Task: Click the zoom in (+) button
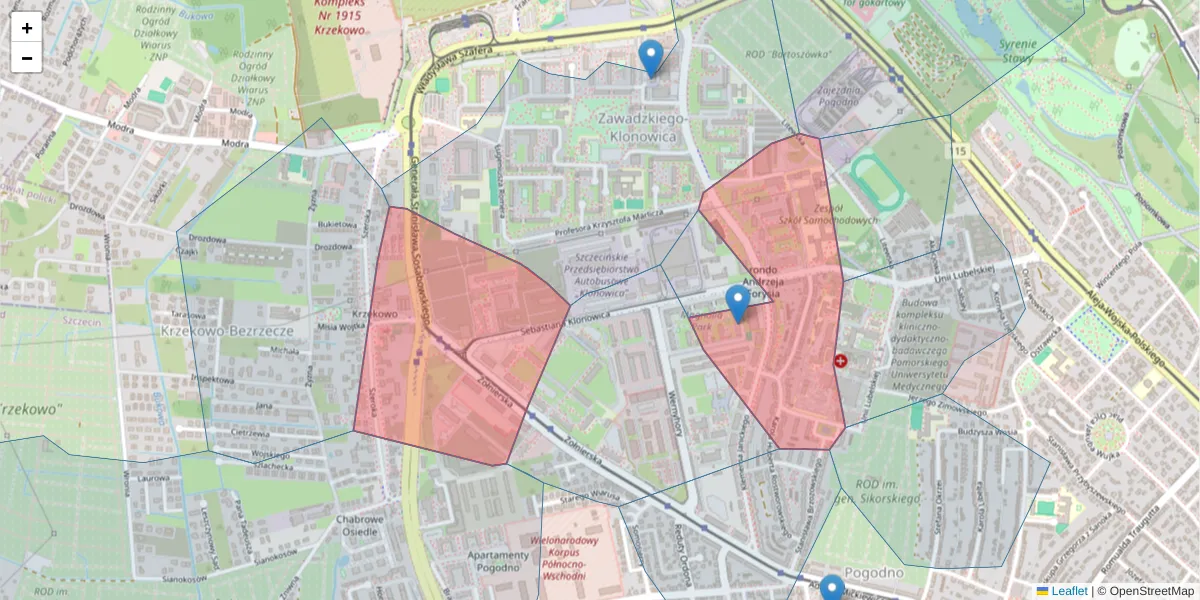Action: (27, 28)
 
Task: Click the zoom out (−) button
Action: (27, 58)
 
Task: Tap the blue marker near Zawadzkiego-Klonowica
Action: (650, 58)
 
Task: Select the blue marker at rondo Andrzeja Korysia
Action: (738, 303)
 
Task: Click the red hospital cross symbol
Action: (840, 360)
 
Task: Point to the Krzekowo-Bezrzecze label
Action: (226, 329)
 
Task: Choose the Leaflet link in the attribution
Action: (1068, 591)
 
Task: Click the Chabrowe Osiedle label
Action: (360, 525)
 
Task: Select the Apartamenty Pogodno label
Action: (497, 563)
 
